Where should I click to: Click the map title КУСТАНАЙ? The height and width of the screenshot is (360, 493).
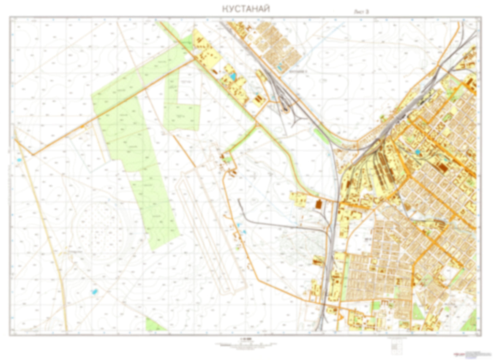click(246, 9)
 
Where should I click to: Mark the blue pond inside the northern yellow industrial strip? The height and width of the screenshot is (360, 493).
click(233, 77)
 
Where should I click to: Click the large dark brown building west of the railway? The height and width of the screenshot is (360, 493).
click(318, 204)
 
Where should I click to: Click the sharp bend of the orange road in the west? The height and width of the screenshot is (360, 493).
click(33, 154)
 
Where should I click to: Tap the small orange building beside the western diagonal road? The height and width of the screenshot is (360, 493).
click(82, 128)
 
